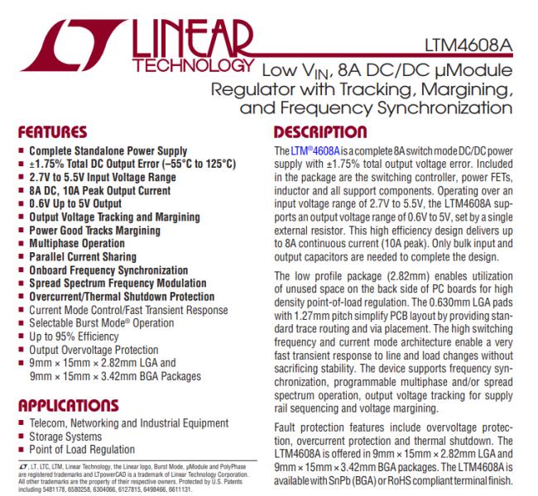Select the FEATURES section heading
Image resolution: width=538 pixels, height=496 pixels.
(x=50, y=131)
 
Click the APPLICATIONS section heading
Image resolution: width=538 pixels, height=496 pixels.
(x=63, y=405)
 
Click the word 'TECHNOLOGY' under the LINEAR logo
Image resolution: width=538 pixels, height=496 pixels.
(x=206, y=64)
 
